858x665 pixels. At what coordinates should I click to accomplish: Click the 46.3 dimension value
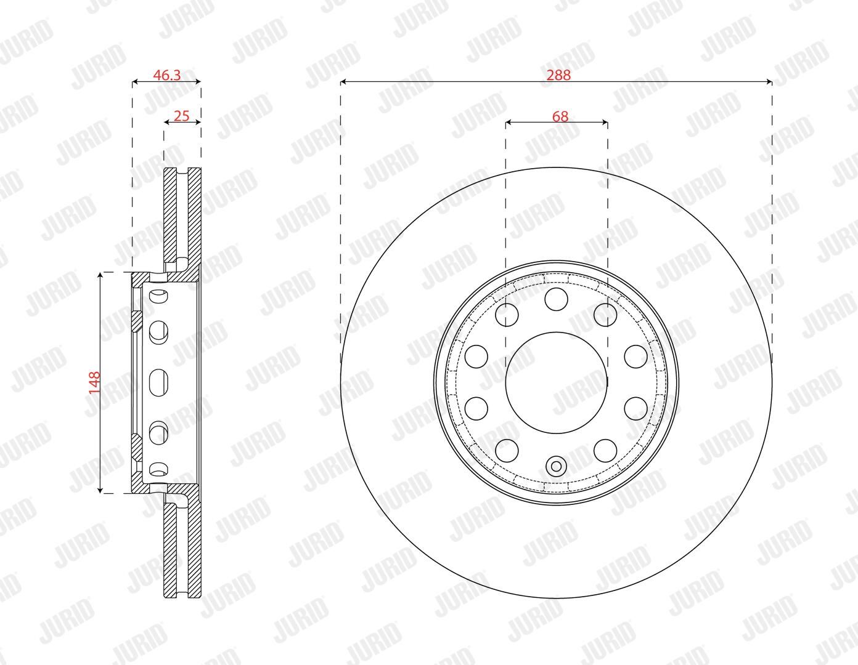pyautogui.click(x=166, y=75)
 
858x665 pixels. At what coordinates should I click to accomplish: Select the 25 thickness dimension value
pyautogui.click(x=182, y=116)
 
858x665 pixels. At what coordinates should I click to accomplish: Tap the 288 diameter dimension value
pyautogui.click(x=558, y=75)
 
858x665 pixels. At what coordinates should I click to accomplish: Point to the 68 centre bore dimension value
pyautogui.click(x=560, y=116)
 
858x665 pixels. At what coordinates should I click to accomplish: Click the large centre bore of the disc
pyautogui.click(x=556, y=382)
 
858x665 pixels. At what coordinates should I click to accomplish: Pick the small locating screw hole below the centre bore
pyautogui.click(x=556, y=467)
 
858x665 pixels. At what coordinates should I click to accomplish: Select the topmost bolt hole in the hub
pyautogui.click(x=556, y=299)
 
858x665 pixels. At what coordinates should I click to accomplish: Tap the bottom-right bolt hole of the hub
pyautogui.click(x=605, y=451)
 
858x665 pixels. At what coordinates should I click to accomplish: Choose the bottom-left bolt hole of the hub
pyautogui.click(x=507, y=451)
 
